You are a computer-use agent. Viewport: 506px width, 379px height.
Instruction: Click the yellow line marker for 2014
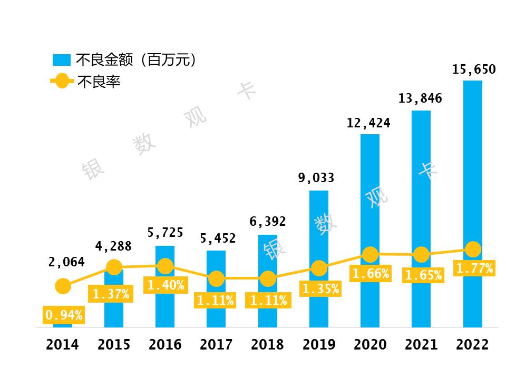(x=63, y=286)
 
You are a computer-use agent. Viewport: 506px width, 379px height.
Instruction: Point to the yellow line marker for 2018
(x=268, y=279)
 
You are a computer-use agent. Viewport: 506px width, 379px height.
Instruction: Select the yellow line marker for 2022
(x=473, y=249)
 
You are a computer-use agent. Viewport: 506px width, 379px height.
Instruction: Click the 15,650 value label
(x=474, y=69)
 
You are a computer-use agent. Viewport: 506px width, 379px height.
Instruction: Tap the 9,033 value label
(x=316, y=178)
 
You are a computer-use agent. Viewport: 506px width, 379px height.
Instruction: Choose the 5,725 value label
(x=166, y=232)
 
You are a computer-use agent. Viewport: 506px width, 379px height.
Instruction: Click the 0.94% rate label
(x=64, y=315)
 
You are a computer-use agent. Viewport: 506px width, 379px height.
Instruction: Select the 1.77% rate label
(x=474, y=268)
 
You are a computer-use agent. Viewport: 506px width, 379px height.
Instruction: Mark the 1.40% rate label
(x=166, y=285)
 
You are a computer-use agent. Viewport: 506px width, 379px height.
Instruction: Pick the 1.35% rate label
(x=320, y=289)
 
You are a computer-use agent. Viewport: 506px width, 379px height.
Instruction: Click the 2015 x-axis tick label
(x=114, y=345)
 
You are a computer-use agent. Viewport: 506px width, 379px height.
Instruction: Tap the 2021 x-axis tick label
(x=421, y=345)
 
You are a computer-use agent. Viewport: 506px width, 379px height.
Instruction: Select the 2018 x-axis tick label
(x=267, y=345)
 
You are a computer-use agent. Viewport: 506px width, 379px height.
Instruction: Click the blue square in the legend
(x=62, y=59)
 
